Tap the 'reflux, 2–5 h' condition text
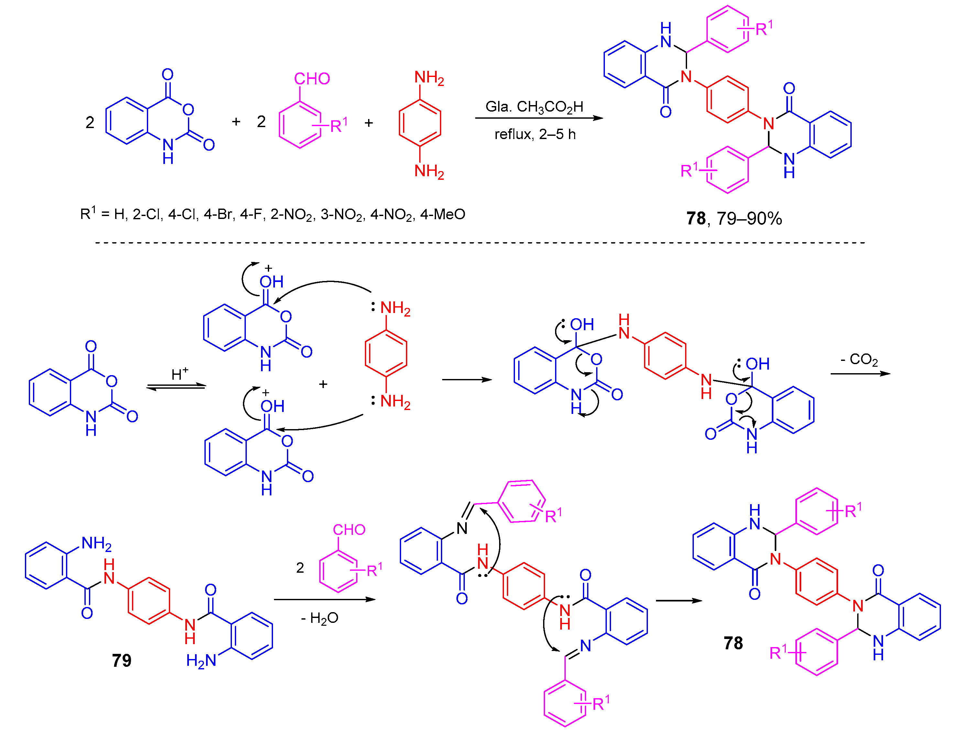tap(535, 134)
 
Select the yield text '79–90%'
tap(749, 218)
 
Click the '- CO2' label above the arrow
tap(859, 360)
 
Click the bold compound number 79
tap(121, 660)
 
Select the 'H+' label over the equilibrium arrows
tap(180, 374)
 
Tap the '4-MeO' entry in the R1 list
tap(443, 214)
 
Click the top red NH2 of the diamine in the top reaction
tap(429, 78)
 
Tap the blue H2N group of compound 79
tap(201, 661)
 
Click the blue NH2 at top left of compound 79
tap(96, 543)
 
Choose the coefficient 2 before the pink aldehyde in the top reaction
tap(261, 122)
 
